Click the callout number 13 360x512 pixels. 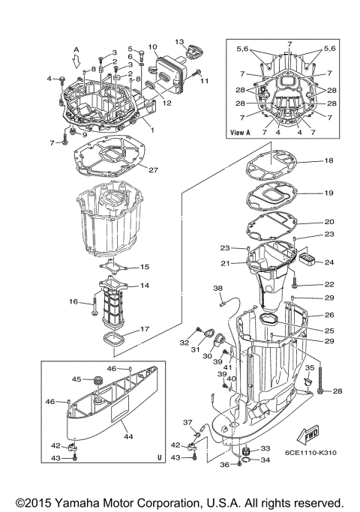[179, 41]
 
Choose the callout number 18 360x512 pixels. [328, 161]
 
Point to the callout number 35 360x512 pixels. [308, 368]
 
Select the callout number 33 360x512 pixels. [265, 449]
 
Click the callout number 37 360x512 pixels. [188, 423]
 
